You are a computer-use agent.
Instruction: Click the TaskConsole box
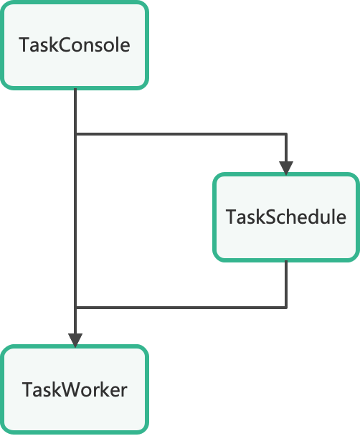(x=75, y=45)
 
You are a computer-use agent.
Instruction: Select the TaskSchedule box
(x=286, y=217)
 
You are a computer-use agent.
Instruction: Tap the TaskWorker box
(x=75, y=389)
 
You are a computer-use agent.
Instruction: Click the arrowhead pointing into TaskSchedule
(x=286, y=168)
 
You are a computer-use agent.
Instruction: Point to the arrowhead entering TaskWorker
(x=75, y=341)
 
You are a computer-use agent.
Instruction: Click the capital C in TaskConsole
(x=65, y=45)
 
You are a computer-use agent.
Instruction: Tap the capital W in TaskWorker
(x=72, y=390)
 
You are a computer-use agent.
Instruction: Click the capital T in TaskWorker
(x=29, y=390)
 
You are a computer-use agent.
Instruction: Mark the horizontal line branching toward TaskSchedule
(x=181, y=134)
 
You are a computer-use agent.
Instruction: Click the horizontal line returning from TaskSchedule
(x=181, y=307)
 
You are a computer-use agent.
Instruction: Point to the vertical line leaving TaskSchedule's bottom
(x=286, y=284)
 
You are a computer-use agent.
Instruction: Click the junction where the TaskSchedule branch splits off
(x=75, y=134)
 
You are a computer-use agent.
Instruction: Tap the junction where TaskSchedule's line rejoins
(x=75, y=307)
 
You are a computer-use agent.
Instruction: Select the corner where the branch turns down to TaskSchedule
(x=286, y=134)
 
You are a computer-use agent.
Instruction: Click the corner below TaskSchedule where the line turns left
(x=286, y=307)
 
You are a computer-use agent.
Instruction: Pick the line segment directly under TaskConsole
(x=75, y=111)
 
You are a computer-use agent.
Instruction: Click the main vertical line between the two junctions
(x=75, y=221)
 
